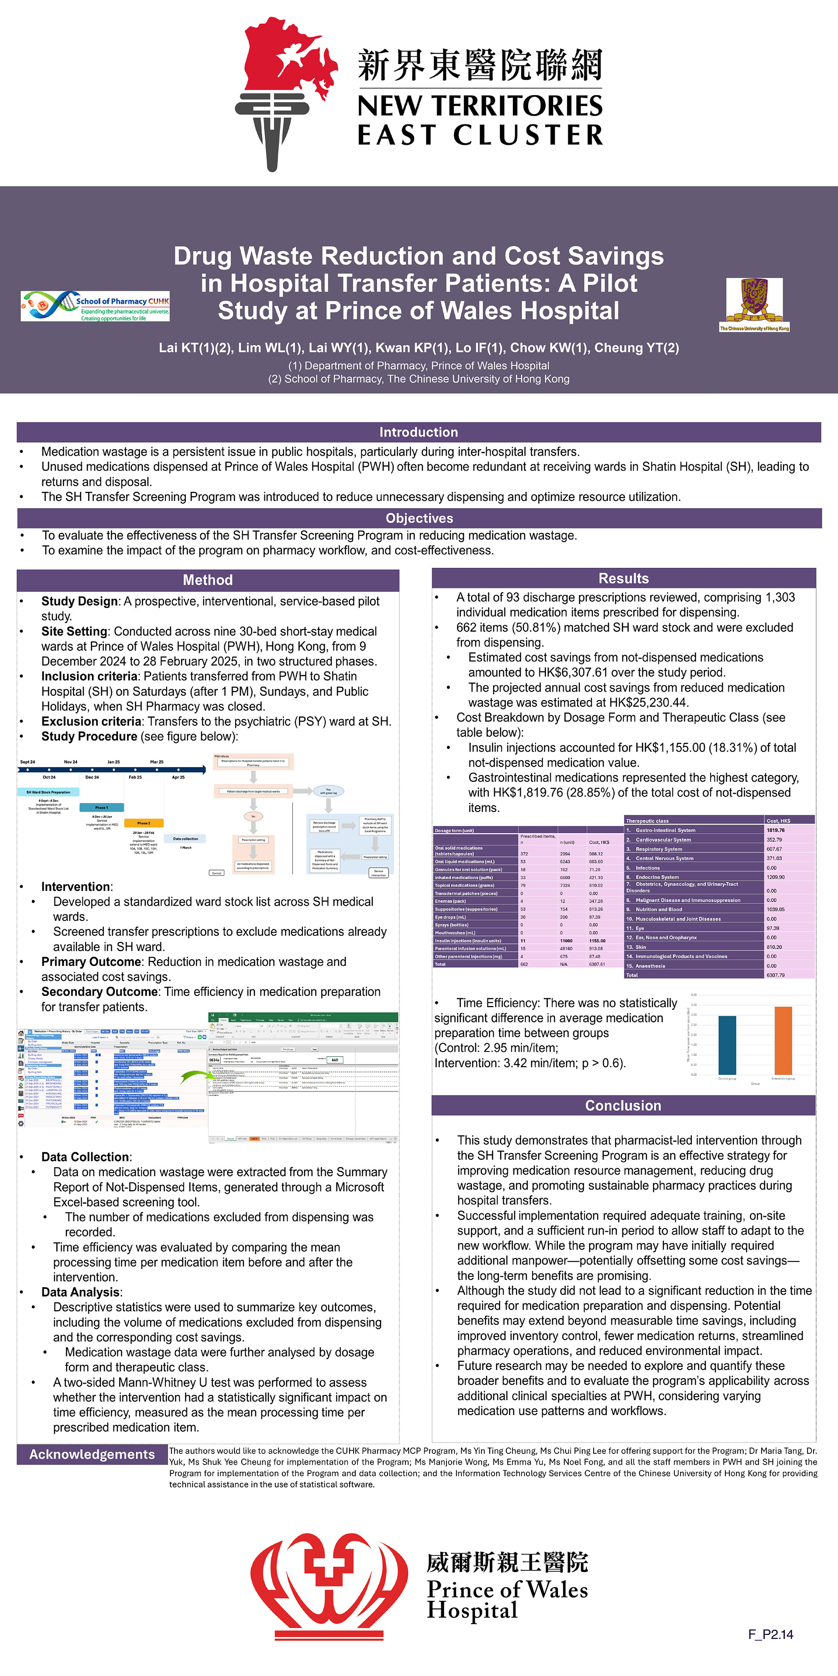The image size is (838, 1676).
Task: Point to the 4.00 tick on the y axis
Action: point(694,995)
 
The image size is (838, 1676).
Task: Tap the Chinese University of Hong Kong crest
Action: point(754,303)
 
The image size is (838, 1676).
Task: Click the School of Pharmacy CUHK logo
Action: point(95,306)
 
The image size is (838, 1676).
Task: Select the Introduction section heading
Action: point(419,432)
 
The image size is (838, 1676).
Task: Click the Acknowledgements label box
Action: point(92,1454)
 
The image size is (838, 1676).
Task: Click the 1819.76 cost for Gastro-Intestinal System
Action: point(776,830)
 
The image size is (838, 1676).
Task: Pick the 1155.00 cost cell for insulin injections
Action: point(597,941)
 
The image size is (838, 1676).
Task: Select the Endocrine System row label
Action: point(657,877)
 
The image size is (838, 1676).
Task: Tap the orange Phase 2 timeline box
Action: point(143,823)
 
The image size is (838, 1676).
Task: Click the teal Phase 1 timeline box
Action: point(101,807)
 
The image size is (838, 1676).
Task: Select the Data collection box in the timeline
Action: point(185,838)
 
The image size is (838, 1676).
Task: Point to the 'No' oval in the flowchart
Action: point(253,816)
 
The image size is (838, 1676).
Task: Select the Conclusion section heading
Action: point(623,1106)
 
